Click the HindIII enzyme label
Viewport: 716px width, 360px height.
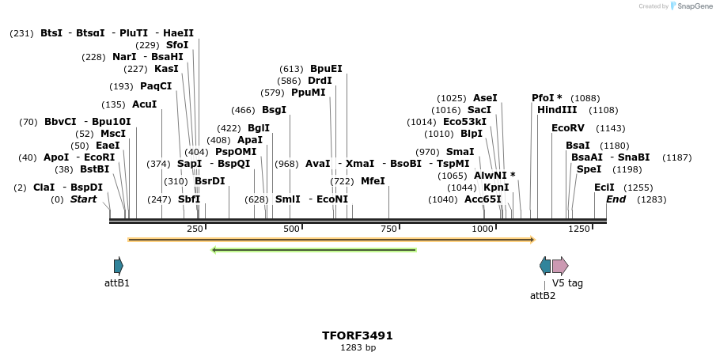(557, 110)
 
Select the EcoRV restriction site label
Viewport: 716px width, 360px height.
(566, 127)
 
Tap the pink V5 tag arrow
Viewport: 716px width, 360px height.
(560, 266)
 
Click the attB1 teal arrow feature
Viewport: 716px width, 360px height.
(118, 266)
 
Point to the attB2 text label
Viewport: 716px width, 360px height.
(542, 296)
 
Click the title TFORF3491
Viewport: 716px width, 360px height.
(358, 335)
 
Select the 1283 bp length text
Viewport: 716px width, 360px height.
(358, 348)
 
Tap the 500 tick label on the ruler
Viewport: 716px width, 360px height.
(291, 229)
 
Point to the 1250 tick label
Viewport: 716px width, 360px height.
(579, 229)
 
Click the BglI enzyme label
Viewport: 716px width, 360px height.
(259, 127)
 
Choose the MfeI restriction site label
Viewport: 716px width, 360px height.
(373, 181)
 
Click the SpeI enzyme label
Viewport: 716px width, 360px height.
(589, 169)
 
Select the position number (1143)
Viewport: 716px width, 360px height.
(610, 127)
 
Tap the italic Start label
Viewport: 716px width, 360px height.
(83, 199)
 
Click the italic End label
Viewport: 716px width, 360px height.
(616, 199)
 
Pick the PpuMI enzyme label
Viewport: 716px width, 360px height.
(308, 93)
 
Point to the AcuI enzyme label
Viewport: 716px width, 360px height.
(144, 104)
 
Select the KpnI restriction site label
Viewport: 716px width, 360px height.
(496, 188)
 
